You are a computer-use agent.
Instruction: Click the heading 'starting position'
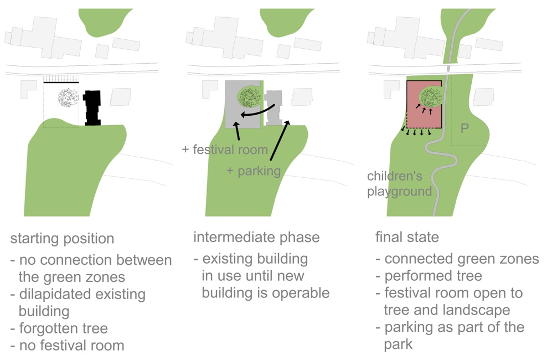(62, 239)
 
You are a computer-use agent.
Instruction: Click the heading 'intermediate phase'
(256, 238)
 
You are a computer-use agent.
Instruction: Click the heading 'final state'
(407, 238)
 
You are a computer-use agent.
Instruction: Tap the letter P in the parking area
(466, 128)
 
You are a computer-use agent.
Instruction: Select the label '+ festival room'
(225, 150)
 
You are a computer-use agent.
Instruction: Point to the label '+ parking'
(254, 171)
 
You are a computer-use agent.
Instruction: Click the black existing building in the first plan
(92, 108)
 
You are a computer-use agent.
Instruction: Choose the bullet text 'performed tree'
(429, 276)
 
